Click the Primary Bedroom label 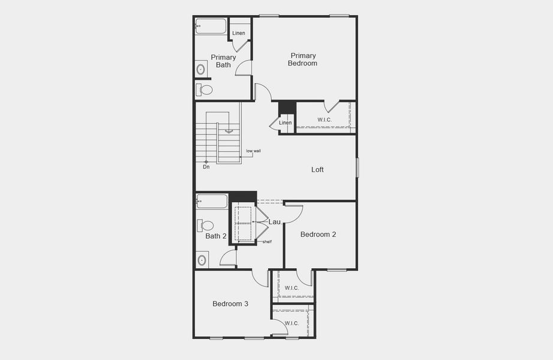click(302, 59)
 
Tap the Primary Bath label click(223, 61)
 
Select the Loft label click(317, 170)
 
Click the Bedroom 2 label click(318, 235)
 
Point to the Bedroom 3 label click(230, 304)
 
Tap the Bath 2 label click(216, 236)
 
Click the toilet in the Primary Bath click(204, 90)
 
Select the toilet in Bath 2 click(205, 226)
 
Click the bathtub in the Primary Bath click(211, 26)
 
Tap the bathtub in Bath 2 click(212, 201)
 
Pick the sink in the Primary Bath click(200, 70)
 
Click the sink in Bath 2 click(202, 260)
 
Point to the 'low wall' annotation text click(253, 151)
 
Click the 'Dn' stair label click(206, 167)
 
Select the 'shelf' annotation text click(267, 242)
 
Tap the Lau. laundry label click(275, 222)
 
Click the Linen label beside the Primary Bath click(239, 33)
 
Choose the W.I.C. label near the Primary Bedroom click(324, 119)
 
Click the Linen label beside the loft click(285, 123)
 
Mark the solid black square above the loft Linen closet click(287, 107)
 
